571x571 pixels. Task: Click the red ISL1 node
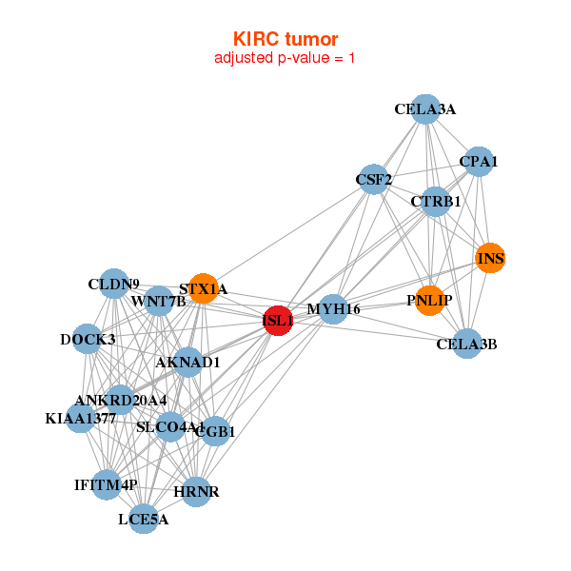coord(278,322)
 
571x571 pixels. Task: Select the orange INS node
coord(490,258)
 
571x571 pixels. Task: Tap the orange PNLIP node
coord(430,301)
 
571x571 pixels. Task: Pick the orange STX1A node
coord(203,288)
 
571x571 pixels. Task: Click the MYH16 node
coord(332,309)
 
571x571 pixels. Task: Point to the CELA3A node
coord(425,109)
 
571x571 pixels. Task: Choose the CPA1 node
coord(478,162)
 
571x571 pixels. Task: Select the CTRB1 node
coord(435,202)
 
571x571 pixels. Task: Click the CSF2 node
coord(374,179)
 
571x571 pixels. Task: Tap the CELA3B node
coord(466,344)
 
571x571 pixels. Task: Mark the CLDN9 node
coord(114,284)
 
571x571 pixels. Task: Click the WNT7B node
coord(159,303)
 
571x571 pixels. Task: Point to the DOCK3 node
coord(88,339)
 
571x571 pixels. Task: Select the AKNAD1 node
coord(188,362)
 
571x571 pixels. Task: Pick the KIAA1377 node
coord(81,418)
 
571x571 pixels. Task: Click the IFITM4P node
coord(107,485)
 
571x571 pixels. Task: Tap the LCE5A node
coord(144,519)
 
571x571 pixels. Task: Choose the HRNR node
coord(196,491)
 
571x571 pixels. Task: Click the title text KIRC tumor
coord(285,39)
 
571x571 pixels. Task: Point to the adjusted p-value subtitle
coord(285,58)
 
